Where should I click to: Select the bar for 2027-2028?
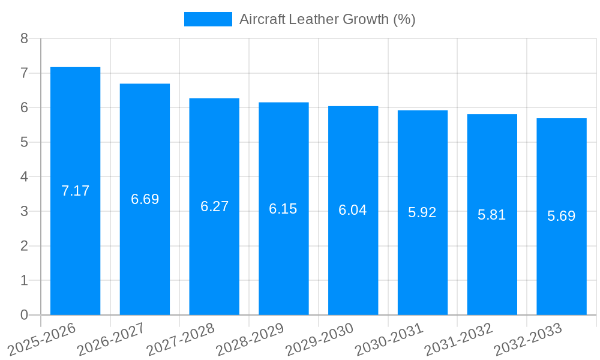(x=214, y=206)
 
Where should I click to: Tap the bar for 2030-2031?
(x=422, y=212)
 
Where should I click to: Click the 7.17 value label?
(x=75, y=191)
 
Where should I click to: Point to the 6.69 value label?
(x=145, y=199)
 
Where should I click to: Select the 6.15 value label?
(x=283, y=209)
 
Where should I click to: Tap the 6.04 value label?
(x=353, y=210)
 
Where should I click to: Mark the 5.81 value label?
(x=492, y=215)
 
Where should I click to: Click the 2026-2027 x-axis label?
(x=112, y=338)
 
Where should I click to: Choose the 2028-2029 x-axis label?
(x=250, y=338)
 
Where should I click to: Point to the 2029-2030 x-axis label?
(x=320, y=338)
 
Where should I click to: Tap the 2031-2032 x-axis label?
(x=459, y=338)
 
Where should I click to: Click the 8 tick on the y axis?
(x=24, y=39)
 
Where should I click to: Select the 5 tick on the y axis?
(x=24, y=142)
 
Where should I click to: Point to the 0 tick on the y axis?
(x=24, y=315)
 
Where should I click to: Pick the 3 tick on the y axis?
(x=24, y=211)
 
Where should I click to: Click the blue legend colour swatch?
(x=208, y=19)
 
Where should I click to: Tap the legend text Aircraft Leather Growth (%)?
(x=328, y=19)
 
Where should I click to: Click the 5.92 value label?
(x=422, y=212)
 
